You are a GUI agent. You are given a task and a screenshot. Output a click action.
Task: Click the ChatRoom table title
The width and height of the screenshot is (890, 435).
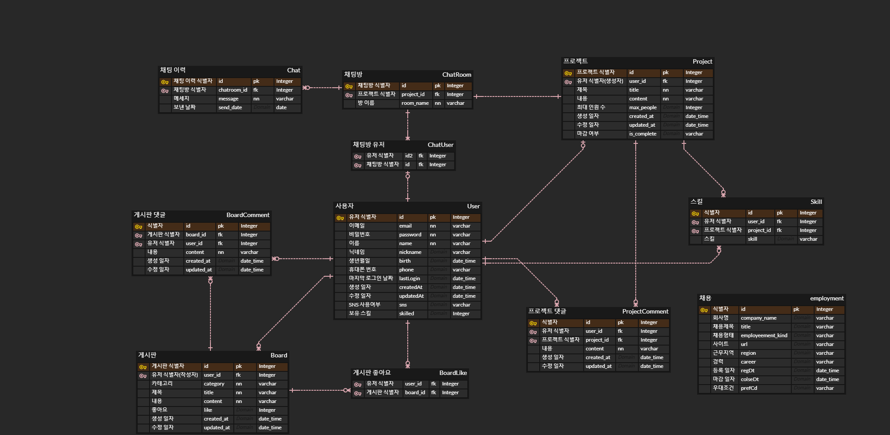point(456,75)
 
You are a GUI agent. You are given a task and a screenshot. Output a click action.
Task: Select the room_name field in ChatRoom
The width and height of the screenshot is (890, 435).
point(415,103)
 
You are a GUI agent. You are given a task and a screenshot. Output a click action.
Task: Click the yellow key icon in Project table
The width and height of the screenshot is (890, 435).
point(568,73)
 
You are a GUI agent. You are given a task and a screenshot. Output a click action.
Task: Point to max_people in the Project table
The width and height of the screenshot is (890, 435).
point(643,108)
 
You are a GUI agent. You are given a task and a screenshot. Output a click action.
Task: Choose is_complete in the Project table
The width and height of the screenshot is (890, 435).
point(643,134)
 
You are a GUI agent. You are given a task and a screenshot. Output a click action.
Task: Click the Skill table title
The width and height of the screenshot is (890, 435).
point(816,202)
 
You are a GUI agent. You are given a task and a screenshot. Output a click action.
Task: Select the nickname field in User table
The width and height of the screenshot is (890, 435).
point(410,253)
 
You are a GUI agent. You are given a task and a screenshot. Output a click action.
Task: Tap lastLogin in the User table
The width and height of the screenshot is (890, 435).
point(409,279)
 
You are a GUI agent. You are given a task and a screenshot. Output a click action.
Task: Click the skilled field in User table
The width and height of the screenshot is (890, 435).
point(406,314)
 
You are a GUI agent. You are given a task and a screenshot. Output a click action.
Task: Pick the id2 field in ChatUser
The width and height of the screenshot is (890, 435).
point(409,156)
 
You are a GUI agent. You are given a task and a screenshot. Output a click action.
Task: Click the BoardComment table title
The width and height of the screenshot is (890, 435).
point(248,215)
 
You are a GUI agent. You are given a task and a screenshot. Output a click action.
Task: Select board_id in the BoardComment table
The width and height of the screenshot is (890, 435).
point(196,235)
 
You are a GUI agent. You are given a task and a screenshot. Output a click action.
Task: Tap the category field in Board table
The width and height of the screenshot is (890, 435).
point(214,384)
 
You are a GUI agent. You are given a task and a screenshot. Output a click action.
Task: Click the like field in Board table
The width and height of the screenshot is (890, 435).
point(208,410)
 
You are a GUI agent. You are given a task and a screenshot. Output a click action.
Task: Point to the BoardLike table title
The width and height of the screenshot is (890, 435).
point(453,373)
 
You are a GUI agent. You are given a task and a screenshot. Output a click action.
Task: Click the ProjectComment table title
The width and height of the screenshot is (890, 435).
point(645,311)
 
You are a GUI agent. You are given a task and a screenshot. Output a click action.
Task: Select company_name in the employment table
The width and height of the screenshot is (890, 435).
point(758,318)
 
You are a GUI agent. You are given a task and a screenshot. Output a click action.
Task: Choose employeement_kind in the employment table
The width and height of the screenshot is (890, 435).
point(764,336)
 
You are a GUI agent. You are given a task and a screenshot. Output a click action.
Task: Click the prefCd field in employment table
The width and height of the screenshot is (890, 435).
point(749,389)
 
